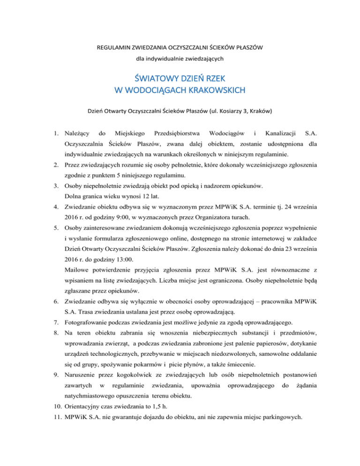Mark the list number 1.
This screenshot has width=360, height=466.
click(55, 135)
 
